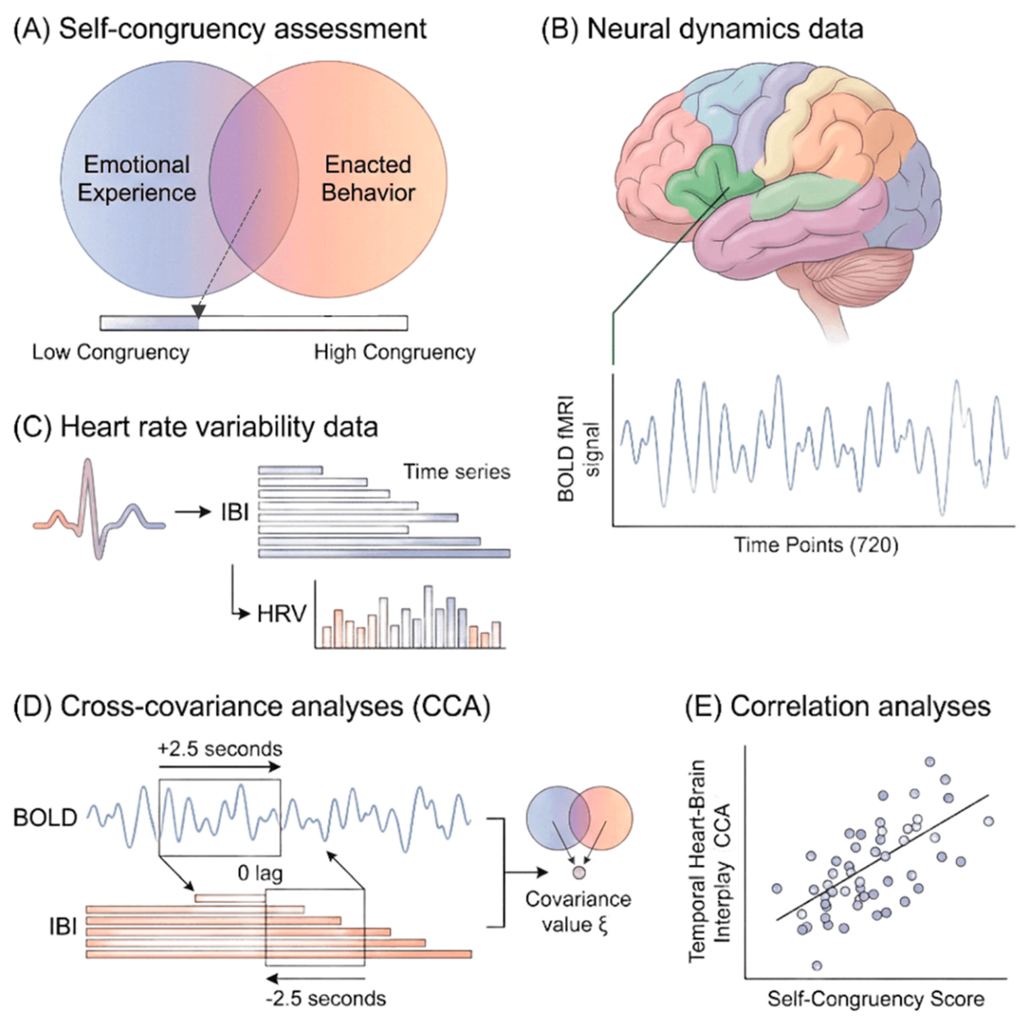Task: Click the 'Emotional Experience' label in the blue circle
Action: click(137, 178)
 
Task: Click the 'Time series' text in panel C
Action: click(457, 472)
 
